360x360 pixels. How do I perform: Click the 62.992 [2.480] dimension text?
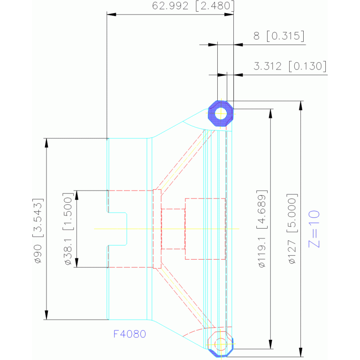[x=193, y=6]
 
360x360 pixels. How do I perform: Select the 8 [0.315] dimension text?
[x=279, y=36]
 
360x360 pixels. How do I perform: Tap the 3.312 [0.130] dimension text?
[x=290, y=66]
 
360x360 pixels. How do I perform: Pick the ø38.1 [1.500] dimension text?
[x=68, y=229]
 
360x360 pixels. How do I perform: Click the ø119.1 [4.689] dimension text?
[x=262, y=229]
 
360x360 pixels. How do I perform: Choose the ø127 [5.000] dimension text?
[x=292, y=229]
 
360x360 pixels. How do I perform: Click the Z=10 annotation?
[x=314, y=229]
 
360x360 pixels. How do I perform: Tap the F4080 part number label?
[x=130, y=334]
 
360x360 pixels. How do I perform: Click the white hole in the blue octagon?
[x=221, y=114]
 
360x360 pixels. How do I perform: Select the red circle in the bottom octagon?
[x=221, y=344]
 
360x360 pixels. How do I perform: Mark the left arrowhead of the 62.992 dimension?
[x=111, y=15]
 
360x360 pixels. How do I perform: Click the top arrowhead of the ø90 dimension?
[x=46, y=143]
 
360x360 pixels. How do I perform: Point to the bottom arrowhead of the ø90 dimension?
[x=46, y=315]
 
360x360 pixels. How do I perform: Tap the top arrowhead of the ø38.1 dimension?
[x=77, y=195]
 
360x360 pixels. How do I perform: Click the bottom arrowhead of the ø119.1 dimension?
[x=271, y=344]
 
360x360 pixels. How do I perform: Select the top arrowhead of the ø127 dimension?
[x=301, y=106]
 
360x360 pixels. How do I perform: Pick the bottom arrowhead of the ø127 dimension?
[x=301, y=352]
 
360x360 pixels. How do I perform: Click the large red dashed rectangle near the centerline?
[x=205, y=229]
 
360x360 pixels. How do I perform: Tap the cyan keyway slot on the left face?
[x=117, y=229]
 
